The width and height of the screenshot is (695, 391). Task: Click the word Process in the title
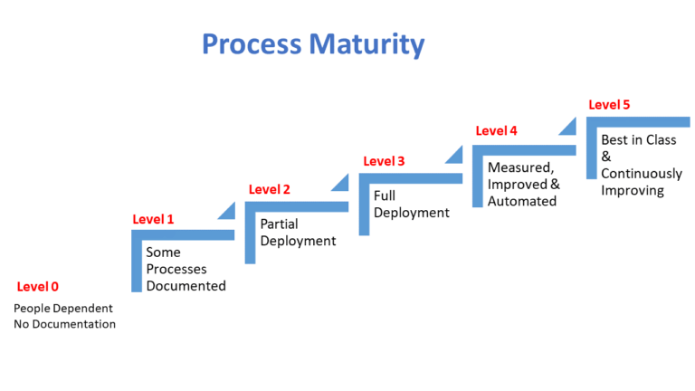pyautogui.click(x=252, y=43)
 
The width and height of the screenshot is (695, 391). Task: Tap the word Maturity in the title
pyautogui.click(x=367, y=45)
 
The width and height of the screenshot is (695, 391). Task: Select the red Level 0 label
pyautogui.click(x=38, y=286)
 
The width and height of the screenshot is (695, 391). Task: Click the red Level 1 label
pyautogui.click(x=153, y=219)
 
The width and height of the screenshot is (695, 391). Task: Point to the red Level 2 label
pyautogui.click(x=269, y=189)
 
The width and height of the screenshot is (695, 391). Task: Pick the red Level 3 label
pyautogui.click(x=384, y=161)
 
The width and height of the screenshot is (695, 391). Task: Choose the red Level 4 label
pyautogui.click(x=497, y=130)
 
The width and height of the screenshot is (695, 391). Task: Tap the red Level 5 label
pyautogui.click(x=609, y=105)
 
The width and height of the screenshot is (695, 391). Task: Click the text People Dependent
pyautogui.click(x=63, y=309)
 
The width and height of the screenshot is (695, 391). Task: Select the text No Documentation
pyautogui.click(x=65, y=324)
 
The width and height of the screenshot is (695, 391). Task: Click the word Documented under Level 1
pyautogui.click(x=186, y=286)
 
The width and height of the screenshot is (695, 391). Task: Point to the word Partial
pyautogui.click(x=279, y=224)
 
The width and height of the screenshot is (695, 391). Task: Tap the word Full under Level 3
pyautogui.click(x=385, y=195)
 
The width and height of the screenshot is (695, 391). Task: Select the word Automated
pyautogui.click(x=522, y=201)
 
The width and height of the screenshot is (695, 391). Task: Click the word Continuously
pyautogui.click(x=642, y=174)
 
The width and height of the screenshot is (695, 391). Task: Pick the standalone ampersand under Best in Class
pyautogui.click(x=606, y=157)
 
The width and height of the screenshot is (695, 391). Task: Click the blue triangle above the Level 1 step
pyautogui.click(x=229, y=213)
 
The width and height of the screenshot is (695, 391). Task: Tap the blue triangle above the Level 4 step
pyautogui.click(x=570, y=129)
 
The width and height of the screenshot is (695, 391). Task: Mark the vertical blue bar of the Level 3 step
pyautogui.click(x=365, y=205)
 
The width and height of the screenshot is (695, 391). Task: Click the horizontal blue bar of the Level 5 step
pyautogui.click(x=638, y=122)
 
